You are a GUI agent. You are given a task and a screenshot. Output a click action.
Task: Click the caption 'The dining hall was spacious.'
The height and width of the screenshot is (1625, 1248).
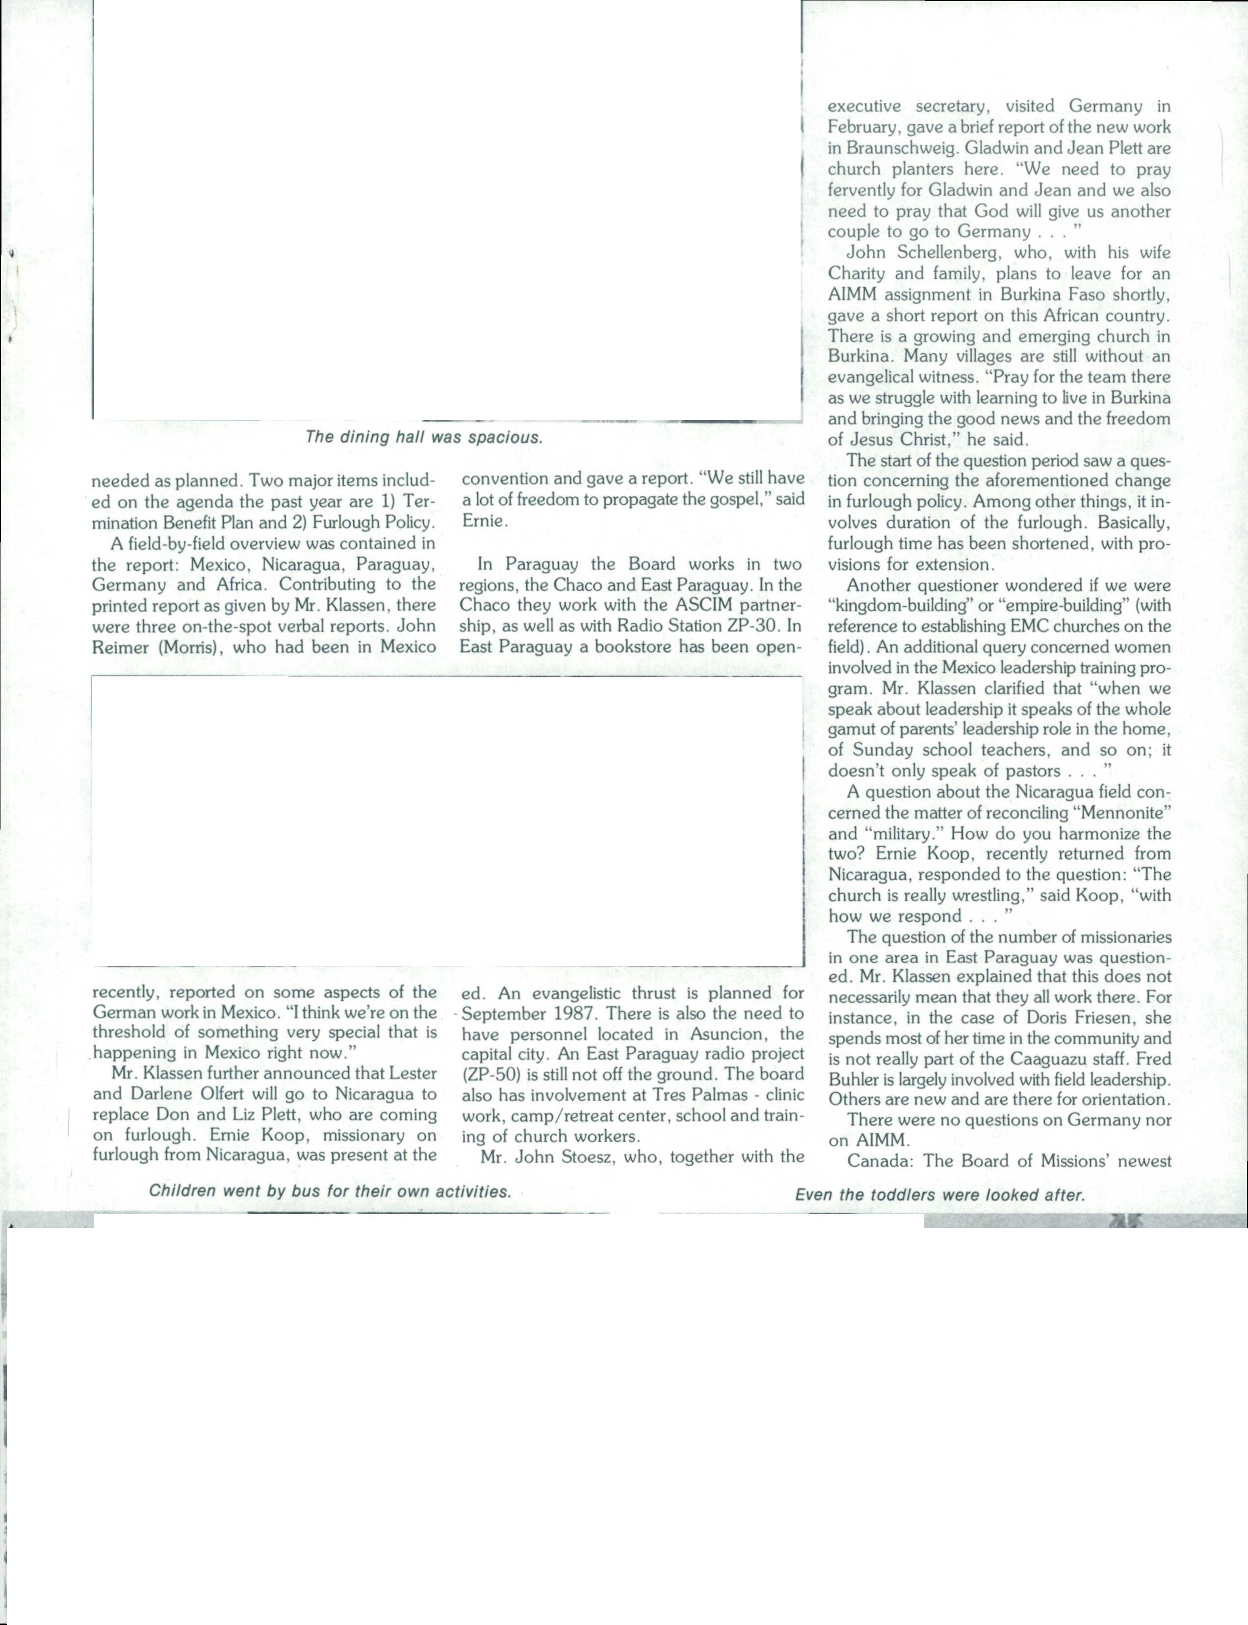pyautogui.click(x=424, y=437)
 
